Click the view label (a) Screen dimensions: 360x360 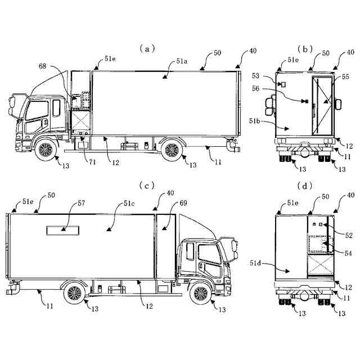pyautogui.click(x=147, y=49)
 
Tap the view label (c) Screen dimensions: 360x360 pyautogui.click(x=147, y=184)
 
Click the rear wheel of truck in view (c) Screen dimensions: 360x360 pyautogui.click(x=74, y=293)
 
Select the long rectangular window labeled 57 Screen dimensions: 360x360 pyautogui.click(x=63, y=229)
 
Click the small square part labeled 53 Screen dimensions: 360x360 pyautogui.click(x=283, y=84)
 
